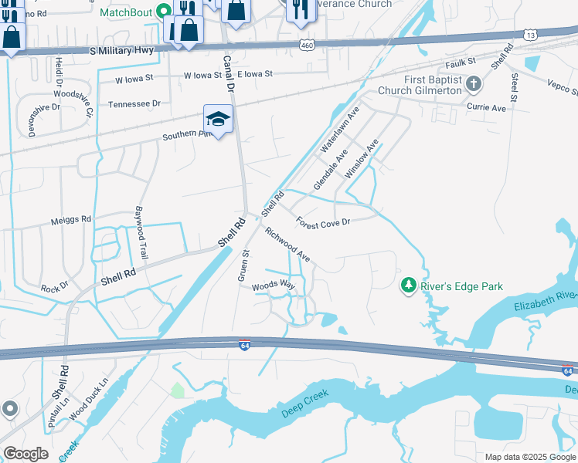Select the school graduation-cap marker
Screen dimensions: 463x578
point(218,120)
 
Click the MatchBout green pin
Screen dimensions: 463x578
point(163,12)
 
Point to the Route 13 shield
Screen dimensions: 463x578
point(530,35)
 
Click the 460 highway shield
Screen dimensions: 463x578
point(307,47)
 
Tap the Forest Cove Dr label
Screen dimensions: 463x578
point(323,221)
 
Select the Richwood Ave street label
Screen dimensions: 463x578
point(287,244)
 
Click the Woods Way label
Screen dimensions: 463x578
point(274,286)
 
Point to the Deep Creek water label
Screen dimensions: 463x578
point(305,404)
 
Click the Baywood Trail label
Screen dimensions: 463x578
point(141,232)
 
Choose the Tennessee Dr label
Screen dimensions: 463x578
point(134,103)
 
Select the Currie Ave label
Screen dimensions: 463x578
point(487,108)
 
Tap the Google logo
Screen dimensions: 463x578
point(25,454)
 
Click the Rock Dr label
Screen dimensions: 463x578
point(54,287)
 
